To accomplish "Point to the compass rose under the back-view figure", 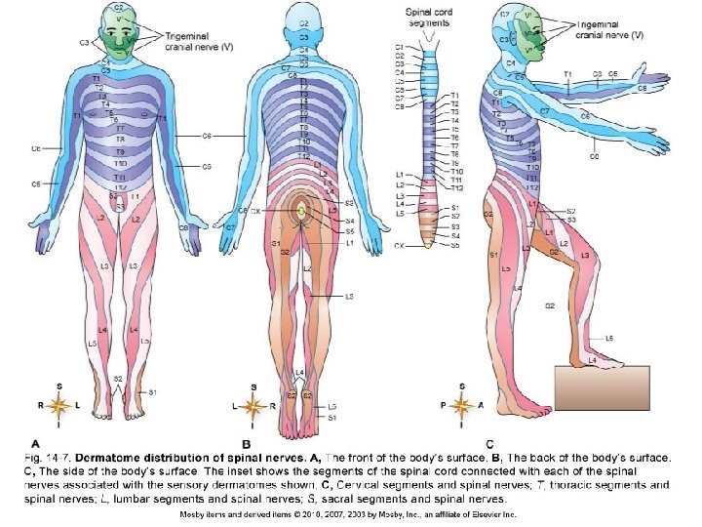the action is (x=253, y=404).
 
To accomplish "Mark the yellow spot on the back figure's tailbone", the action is (x=302, y=210).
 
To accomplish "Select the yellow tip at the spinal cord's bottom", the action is (x=427, y=244).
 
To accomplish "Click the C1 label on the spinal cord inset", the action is (x=400, y=46).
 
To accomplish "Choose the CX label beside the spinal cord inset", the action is (x=399, y=246).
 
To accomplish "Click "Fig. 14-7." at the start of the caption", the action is (x=48, y=457).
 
